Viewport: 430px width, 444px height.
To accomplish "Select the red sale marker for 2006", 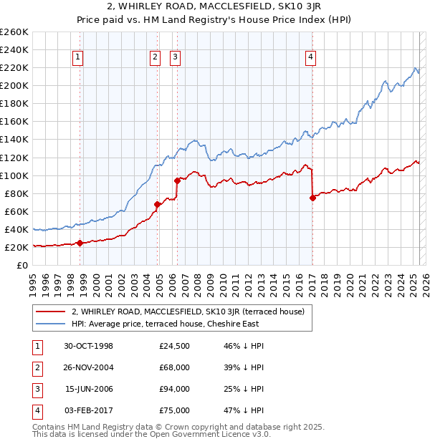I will pos(177,180).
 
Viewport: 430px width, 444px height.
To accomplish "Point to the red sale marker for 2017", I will pos(312,198).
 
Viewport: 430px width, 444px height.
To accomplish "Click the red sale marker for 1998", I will pos(80,243).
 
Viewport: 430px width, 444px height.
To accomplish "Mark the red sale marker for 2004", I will pos(157,204).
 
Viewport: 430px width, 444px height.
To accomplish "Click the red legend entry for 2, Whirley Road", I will pos(188,312).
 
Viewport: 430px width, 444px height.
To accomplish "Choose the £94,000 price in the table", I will pos(174,390).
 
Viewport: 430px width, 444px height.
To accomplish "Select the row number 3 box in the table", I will pos(36,390).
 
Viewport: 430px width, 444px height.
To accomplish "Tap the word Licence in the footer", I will pos(219,434).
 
